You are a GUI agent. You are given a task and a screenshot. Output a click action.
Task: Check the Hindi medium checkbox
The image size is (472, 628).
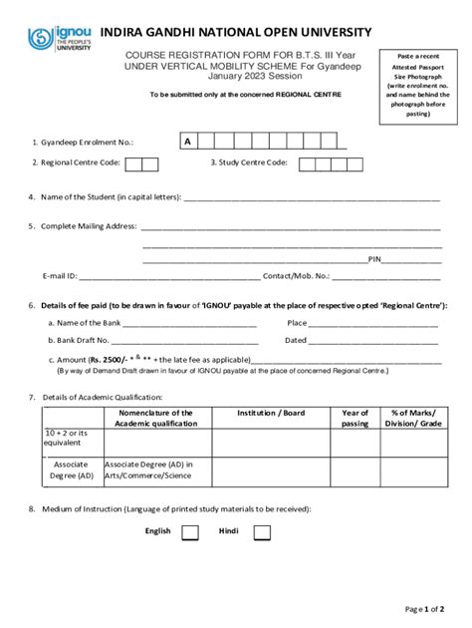262,532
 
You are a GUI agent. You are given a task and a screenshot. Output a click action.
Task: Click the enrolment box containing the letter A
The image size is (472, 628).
187,142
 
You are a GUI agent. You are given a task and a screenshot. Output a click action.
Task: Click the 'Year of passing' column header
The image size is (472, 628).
354,418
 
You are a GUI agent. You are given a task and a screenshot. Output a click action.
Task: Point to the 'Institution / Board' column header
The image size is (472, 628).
271,413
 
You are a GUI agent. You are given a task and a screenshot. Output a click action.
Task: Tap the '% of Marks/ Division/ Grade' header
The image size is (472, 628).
415,418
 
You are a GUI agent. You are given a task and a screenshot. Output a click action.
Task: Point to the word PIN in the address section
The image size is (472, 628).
375,259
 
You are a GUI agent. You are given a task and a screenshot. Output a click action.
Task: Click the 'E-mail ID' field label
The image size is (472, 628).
59,275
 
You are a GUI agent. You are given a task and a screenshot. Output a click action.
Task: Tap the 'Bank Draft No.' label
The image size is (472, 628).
78,340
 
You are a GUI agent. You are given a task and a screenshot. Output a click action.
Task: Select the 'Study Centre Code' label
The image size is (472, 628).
249,162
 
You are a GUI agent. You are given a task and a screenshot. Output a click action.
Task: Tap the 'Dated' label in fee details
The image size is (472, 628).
296,340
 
